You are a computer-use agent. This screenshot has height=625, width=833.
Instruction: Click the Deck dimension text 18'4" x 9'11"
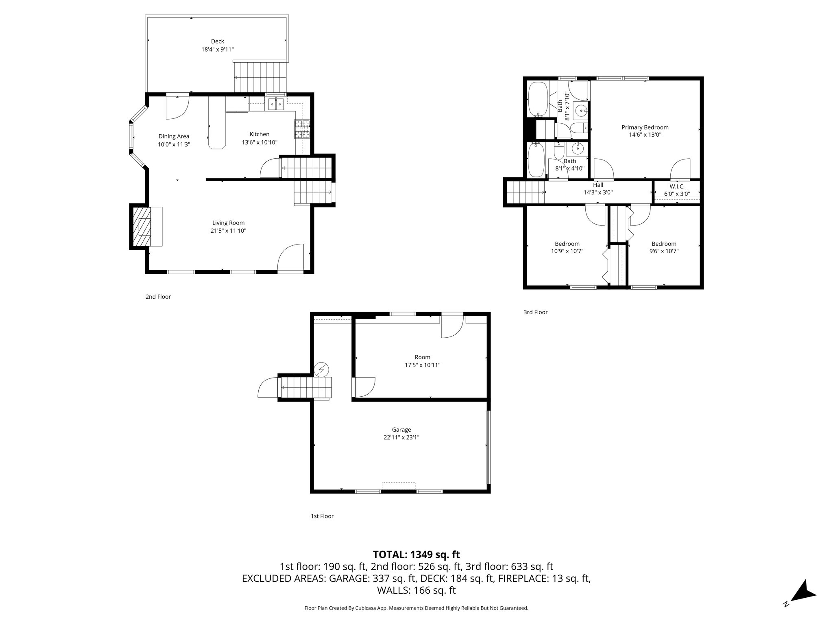click(218, 49)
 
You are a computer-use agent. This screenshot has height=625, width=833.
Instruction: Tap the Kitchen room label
click(259, 134)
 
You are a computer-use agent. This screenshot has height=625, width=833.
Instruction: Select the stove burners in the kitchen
click(302, 129)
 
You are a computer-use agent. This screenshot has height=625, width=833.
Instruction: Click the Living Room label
click(228, 223)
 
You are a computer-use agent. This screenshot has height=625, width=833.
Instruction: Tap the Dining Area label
click(174, 136)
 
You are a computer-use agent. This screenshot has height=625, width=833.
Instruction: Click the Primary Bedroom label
click(645, 127)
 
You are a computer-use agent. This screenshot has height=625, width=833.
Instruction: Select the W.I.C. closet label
click(677, 186)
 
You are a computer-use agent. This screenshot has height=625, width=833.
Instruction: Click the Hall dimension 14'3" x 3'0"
click(598, 192)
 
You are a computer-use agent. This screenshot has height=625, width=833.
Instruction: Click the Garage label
click(401, 430)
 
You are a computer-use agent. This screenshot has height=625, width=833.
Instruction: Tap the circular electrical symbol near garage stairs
click(322, 369)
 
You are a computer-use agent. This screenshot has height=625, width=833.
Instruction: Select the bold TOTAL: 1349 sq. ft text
click(416, 554)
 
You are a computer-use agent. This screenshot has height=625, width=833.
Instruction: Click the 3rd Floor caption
click(535, 312)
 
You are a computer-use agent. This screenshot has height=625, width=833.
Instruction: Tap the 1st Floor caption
click(322, 516)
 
